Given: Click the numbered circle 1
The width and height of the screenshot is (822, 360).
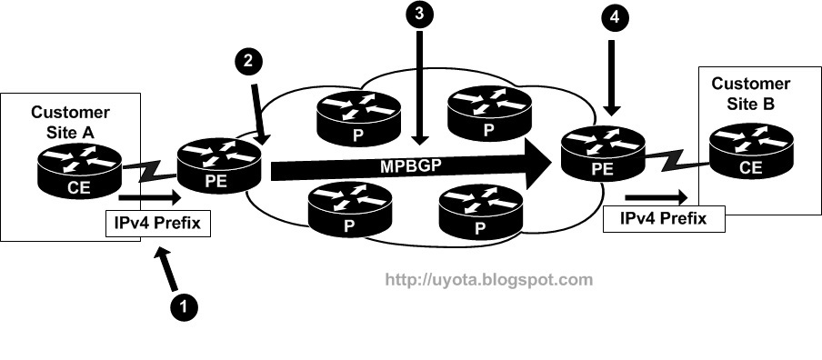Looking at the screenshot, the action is click(x=184, y=306).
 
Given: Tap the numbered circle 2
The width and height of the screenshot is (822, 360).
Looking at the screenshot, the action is click(x=249, y=61).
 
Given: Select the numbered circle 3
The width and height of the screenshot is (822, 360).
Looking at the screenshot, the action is click(x=419, y=15).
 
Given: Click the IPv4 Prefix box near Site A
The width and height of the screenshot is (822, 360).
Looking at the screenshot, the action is click(x=158, y=224).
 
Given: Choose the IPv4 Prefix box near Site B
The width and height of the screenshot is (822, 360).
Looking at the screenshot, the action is click(x=664, y=218).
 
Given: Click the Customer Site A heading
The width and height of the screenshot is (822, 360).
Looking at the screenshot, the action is click(x=70, y=122).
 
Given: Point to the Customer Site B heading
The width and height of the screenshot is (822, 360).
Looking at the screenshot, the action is click(x=751, y=94).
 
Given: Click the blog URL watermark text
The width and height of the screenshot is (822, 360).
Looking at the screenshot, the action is click(x=489, y=280).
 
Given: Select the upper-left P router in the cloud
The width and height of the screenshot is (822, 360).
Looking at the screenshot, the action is click(x=359, y=118).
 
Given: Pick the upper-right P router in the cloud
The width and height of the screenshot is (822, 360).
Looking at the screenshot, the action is click(x=489, y=112).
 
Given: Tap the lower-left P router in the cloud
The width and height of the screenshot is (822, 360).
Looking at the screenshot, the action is click(x=350, y=208).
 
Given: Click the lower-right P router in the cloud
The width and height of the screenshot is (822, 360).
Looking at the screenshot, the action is click(x=481, y=211).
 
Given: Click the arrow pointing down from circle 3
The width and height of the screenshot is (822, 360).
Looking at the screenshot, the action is click(x=419, y=87).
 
